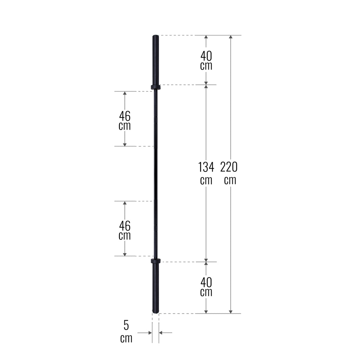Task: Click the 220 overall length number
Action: click(229, 167)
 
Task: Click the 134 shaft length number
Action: click(206, 167)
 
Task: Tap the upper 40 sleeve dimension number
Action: click(206, 55)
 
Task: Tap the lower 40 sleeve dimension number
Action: click(206, 282)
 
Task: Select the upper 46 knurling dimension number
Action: click(124, 115)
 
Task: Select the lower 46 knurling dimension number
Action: click(124, 225)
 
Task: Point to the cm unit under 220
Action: click(230, 180)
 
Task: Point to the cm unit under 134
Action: click(206, 180)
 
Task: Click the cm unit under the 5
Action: click(126, 339)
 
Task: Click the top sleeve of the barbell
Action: click(155, 60)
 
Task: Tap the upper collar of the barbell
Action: click(155, 87)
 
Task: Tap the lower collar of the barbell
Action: click(155, 261)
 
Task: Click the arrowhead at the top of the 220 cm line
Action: click(231, 37)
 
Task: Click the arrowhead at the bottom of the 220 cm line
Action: click(231, 311)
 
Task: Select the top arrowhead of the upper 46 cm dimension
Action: click(124, 94)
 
